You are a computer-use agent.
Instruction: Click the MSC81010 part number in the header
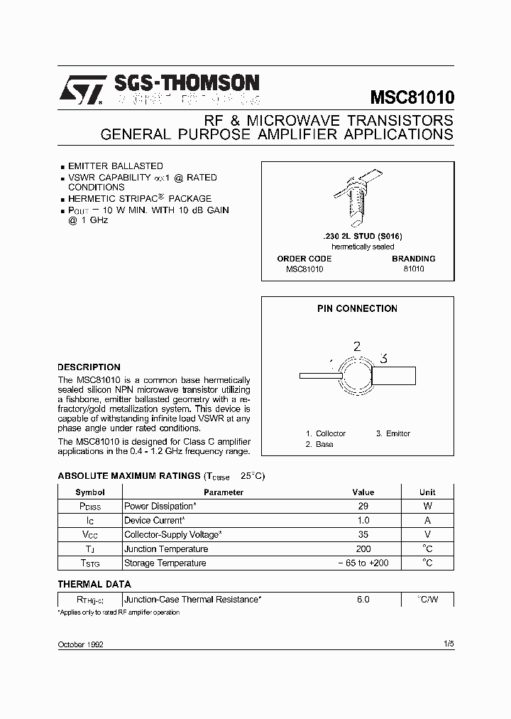click(x=412, y=97)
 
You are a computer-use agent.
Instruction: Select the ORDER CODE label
click(x=304, y=259)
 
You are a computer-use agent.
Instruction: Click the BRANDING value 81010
click(x=413, y=270)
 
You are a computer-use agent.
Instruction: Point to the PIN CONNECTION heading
click(x=357, y=308)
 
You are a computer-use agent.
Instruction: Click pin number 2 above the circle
click(x=357, y=347)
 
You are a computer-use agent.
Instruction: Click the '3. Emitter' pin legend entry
click(x=393, y=433)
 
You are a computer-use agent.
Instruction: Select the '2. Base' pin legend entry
click(x=319, y=444)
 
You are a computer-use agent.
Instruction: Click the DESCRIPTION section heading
click(x=89, y=367)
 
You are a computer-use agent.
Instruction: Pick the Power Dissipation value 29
click(x=363, y=507)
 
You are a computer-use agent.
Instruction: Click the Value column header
click(x=363, y=492)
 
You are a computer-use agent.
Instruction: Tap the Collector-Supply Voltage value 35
click(x=363, y=535)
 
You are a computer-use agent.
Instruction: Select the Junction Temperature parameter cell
click(x=166, y=549)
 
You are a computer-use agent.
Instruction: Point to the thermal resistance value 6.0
click(x=363, y=600)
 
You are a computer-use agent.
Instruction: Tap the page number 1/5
click(x=447, y=644)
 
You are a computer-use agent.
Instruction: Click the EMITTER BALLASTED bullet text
click(x=116, y=166)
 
